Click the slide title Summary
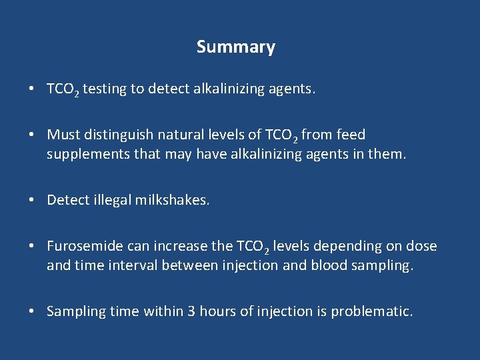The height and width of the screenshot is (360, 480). point(235,47)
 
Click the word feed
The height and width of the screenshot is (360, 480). point(351,135)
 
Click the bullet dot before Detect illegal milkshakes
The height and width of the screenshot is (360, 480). point(32,200)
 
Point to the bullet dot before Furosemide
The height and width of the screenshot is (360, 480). point(32,246)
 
